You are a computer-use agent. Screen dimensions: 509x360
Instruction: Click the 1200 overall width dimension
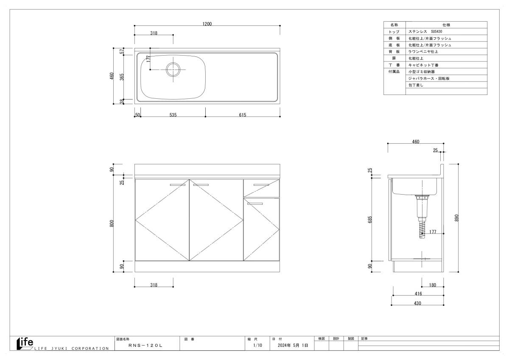coord(207,24)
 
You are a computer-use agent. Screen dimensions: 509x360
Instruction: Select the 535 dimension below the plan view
coord(173,115)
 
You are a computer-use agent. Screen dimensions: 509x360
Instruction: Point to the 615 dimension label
coord(243,115)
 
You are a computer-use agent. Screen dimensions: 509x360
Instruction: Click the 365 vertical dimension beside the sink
coord(122,77)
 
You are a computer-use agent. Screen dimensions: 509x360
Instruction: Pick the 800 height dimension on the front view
coord(112,223)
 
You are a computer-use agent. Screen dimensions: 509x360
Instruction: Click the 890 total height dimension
coord(457,218)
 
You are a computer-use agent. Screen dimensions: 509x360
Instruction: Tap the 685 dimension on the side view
coord(370,219)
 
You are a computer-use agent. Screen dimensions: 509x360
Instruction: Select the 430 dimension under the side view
coord(417,303)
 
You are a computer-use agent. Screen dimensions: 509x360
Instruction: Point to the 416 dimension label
coord(418,294)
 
